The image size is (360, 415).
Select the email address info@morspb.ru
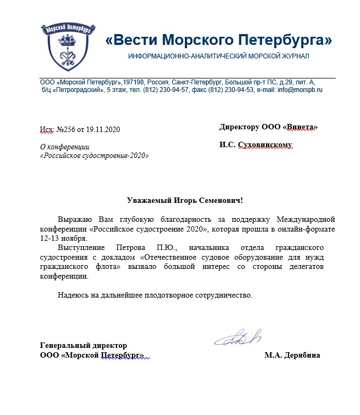coord(300,90)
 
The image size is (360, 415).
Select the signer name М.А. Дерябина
coord(292,355)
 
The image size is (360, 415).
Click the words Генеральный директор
coord(84,345)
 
